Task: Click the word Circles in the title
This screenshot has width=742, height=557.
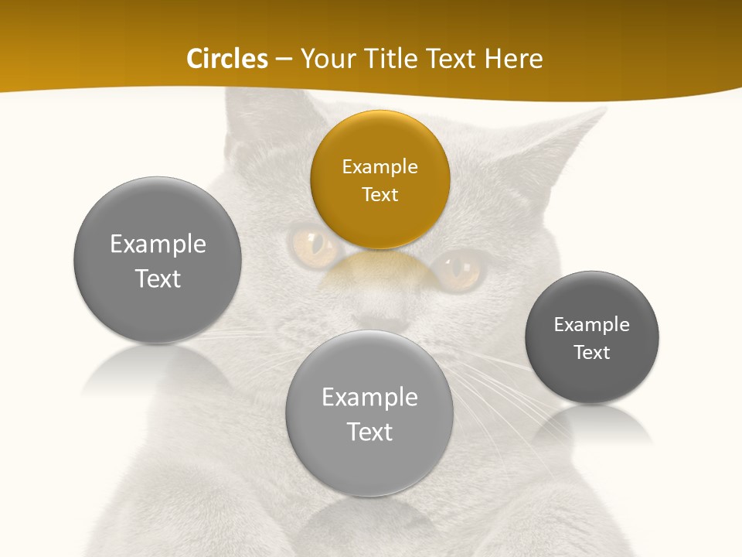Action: (227, 59)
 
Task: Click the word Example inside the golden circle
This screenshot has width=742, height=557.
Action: (380, 167)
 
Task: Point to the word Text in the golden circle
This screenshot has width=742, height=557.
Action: (380, 194)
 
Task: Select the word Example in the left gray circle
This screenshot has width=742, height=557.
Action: (158, 244)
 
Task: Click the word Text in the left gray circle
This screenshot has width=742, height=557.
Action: (158, 278)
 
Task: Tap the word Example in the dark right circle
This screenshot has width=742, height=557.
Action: (591, 325)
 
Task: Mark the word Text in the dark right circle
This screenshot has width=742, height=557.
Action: (591, 352)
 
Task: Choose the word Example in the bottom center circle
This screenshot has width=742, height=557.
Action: (369, 398)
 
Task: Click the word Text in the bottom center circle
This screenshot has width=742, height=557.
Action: (369, 432)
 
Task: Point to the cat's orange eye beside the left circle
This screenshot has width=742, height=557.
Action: (314, 243)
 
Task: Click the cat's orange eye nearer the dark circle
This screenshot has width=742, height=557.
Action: (457, 268)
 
